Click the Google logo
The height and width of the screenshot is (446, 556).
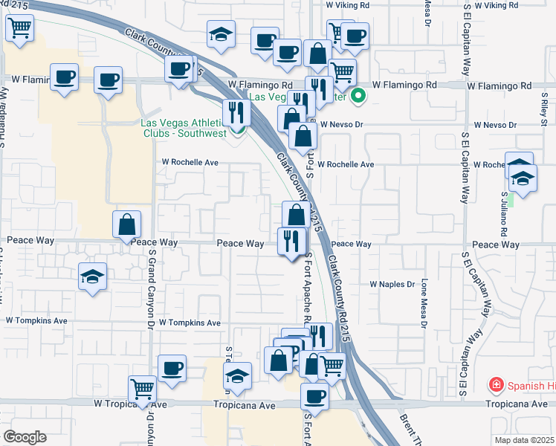click(x=25, y=437)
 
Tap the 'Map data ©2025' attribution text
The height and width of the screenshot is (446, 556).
click(x=523, y=440)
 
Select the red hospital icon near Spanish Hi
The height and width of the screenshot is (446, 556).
click(x=495, y=384)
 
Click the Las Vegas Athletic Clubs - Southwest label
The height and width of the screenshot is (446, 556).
click(x=181, y=129)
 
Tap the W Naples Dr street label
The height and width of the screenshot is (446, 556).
click(x=392, y=284)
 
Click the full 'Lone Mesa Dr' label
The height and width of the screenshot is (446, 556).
click(x=424, y=303)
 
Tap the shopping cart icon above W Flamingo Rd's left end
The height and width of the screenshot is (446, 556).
click(x=19, y=29)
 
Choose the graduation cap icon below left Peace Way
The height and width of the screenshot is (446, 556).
click(x=93, y=277)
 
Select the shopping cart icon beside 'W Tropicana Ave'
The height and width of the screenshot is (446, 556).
click(x=142, y=389)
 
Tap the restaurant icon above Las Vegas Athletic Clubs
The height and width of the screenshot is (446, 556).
click(x=236, y=112)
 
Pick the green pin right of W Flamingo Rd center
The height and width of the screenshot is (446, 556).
click(x=358, y=96)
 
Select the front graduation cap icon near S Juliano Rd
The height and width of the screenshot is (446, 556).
click(x=523, y=179)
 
